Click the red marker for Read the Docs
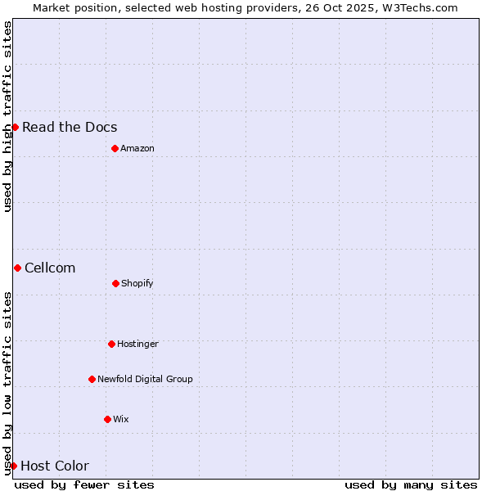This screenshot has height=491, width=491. click(15, 127)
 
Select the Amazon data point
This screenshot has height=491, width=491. click(115, 148)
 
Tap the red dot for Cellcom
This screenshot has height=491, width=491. click(17, 268)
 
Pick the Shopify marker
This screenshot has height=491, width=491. click(115, 283)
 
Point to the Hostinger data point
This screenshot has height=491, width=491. click(111, 344)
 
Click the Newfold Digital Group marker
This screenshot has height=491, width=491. click(92, 379)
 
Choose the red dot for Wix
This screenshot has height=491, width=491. click(107, 419)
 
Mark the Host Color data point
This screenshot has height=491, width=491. click(13, 466)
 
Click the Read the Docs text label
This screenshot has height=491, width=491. click(70, 127)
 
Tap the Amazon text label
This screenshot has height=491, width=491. click(137, 148)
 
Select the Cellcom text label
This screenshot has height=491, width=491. click(50, 268)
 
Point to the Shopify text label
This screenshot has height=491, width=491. click(137, 283)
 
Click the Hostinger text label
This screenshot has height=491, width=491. click(137, 344)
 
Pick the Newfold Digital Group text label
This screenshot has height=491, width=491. click(145, 379)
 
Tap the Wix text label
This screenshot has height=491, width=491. click(121, 419)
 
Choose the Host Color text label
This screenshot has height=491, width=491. click(55, 466)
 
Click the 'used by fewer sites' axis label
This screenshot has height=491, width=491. click(84, 484)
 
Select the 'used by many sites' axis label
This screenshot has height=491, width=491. click(411, 484)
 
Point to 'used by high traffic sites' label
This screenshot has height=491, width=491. click(7, 116)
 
